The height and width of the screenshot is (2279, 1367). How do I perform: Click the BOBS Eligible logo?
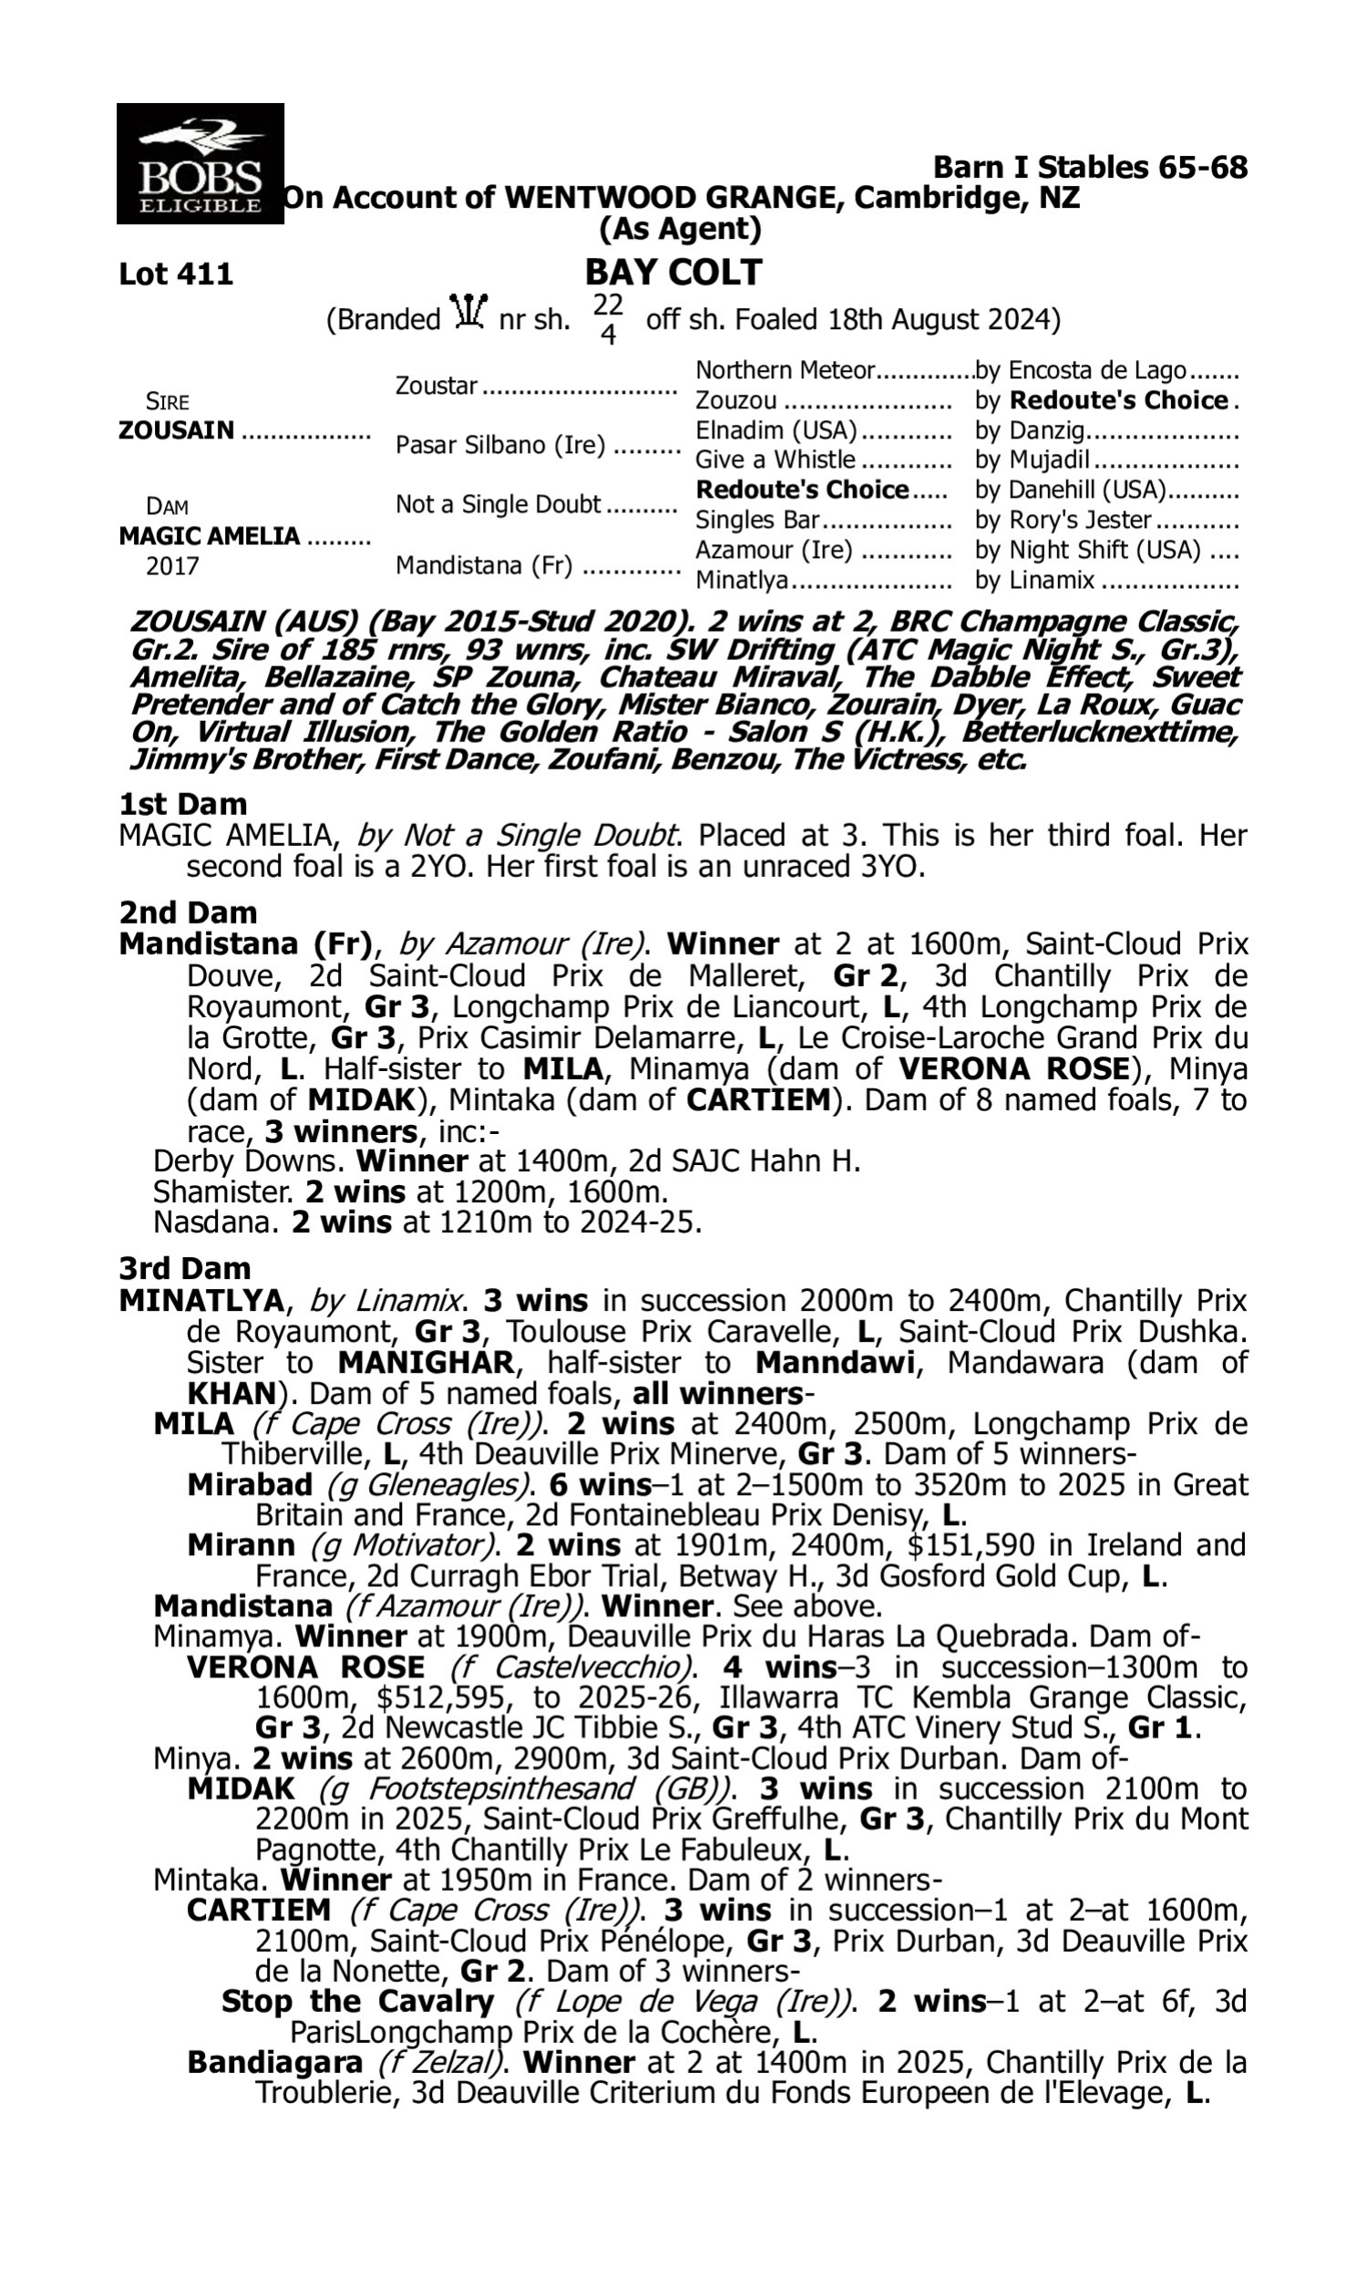tap(200, 163)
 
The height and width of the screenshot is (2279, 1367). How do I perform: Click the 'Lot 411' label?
tap(176, 274)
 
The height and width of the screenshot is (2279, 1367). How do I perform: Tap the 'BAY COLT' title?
tap(673, 273)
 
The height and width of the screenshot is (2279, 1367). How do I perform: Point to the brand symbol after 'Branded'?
tap(468, 314)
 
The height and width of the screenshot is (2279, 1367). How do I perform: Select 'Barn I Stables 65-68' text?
tap(1091, 167)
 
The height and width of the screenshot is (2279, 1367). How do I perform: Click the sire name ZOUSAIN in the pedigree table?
tap(177, 431)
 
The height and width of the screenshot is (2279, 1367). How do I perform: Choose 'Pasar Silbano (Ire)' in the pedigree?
tap(500, 445)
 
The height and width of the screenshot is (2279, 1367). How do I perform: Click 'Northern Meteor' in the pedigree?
tap(784, 370)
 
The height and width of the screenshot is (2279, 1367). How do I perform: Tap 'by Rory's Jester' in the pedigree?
tap(1063, 520)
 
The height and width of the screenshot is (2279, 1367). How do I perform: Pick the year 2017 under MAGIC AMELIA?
tap(172, 565)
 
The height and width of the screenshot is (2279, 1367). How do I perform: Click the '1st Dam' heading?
tap(183, 804)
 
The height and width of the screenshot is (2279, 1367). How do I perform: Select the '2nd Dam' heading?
tap(188, 913)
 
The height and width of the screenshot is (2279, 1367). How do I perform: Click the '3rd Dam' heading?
tap(185, 1268)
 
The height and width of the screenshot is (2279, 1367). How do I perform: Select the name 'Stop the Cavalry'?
tap(357, 2002)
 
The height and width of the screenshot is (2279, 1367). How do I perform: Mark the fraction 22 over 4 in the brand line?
tap(608, 320)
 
